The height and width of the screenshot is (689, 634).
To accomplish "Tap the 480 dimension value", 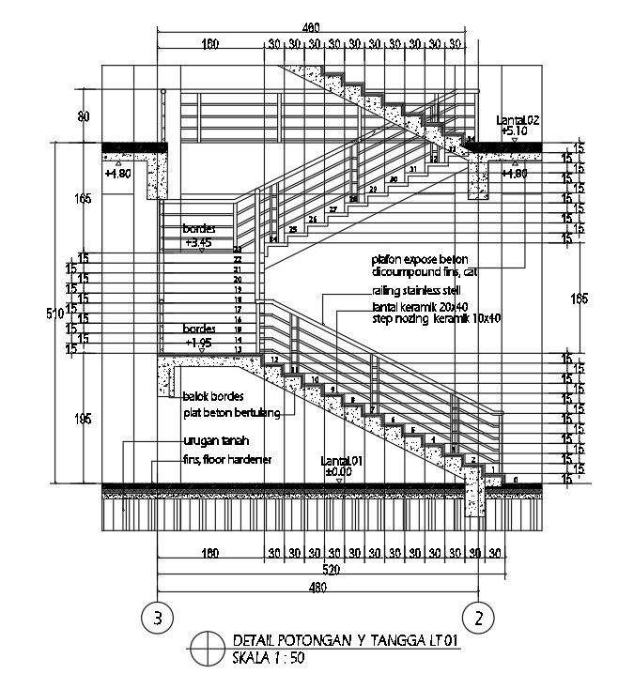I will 317,588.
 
